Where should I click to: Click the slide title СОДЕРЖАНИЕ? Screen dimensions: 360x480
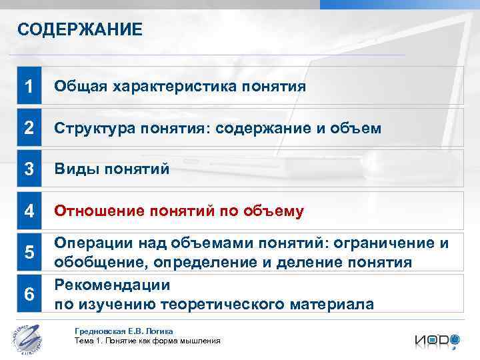point(79,29)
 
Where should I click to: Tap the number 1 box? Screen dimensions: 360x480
point(29,86)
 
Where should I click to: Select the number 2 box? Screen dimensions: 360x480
point(29,128)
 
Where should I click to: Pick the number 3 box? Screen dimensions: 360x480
point(29,169)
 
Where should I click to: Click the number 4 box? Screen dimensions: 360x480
point(29,211)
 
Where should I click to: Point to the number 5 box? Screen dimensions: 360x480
point(29,253)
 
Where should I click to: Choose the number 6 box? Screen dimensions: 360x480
point(29,294)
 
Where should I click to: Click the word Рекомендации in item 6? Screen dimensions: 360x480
point(112,285)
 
